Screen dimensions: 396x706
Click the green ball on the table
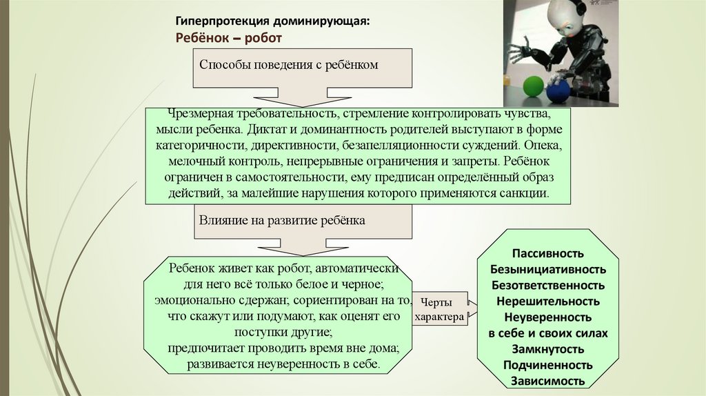point(532,86)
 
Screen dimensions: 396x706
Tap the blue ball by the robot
point(558,90)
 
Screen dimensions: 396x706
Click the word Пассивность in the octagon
point(548,253)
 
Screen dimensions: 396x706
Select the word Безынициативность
point(548,269)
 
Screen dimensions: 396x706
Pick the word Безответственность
point(548,285)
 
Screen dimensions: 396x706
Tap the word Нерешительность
point(548,301)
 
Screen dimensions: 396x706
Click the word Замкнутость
point(548,349)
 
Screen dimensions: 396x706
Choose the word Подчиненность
point(548,365)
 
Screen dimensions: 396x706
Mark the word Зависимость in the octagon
point(548,381)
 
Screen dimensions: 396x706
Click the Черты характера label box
point(439,309)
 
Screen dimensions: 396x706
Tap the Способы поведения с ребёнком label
point(290,64)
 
